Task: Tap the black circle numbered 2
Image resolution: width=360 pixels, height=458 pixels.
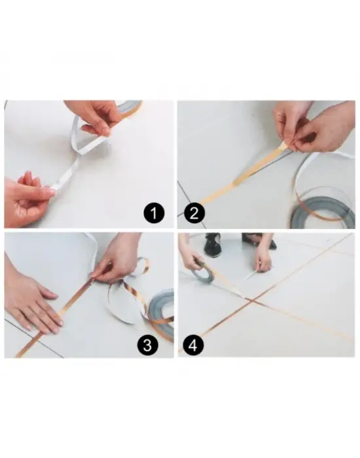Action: tap(194, 212)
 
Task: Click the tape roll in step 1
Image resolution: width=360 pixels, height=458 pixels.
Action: tap(132, 107)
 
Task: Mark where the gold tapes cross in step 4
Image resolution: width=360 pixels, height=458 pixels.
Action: tap(248, 299)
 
